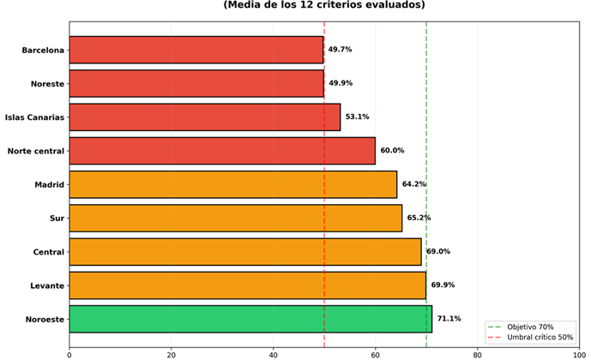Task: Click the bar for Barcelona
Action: point(196,50)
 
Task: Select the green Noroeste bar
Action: point(250,319)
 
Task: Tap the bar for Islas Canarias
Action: point(204,117)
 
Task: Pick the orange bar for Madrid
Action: point(232,184)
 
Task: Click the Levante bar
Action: point(247,285)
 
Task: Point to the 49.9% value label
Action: point(341,83)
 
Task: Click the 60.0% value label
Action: point(392,151)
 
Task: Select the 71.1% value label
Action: point(449,319)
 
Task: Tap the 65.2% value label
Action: point(419,218)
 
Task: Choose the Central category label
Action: point(48,252)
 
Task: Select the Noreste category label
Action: point(45,83)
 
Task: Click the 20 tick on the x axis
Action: point(172,351)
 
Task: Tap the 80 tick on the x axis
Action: point(478,351)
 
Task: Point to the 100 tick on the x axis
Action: point(579,351)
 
